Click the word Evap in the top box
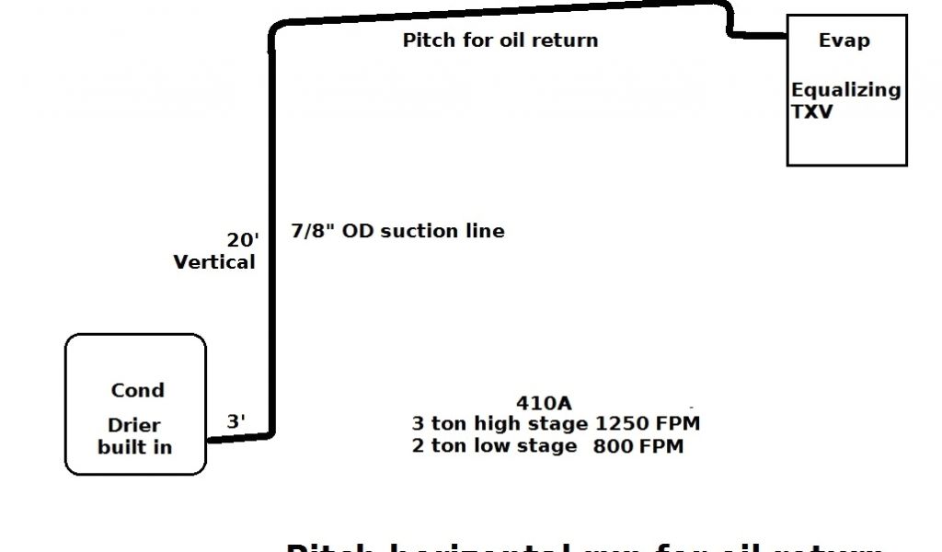tap(844, 41)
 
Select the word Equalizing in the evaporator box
tap(845, 90)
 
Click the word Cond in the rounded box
tap(138, 390)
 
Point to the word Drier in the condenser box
tap(134, 426)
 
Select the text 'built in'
tap(134, 447)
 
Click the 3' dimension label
tap(236, 421)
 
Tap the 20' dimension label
tap(243, 239)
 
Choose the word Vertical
tap(214, 262)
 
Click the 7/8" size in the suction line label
tap(312, 230)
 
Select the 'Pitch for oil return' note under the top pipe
tap(500, 40)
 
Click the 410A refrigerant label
tap(544, 403)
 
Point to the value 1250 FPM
tap(648, 424)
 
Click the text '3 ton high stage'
tap(499, 424)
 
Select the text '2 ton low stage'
tap(494, 446)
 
